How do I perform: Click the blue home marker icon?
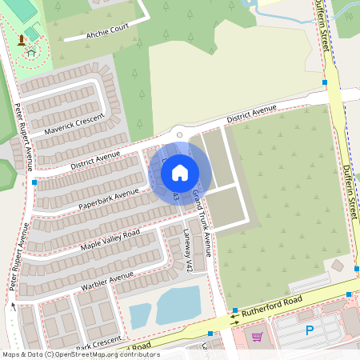[180, 172]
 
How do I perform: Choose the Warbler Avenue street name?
[107, 280]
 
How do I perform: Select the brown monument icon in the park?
[22, 39]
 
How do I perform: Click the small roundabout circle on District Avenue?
[180, 134]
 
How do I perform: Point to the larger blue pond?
[178, 305]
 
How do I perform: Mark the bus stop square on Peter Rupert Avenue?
[34, 182]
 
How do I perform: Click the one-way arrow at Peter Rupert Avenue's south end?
[13, 305]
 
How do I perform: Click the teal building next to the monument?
[33, 33]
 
